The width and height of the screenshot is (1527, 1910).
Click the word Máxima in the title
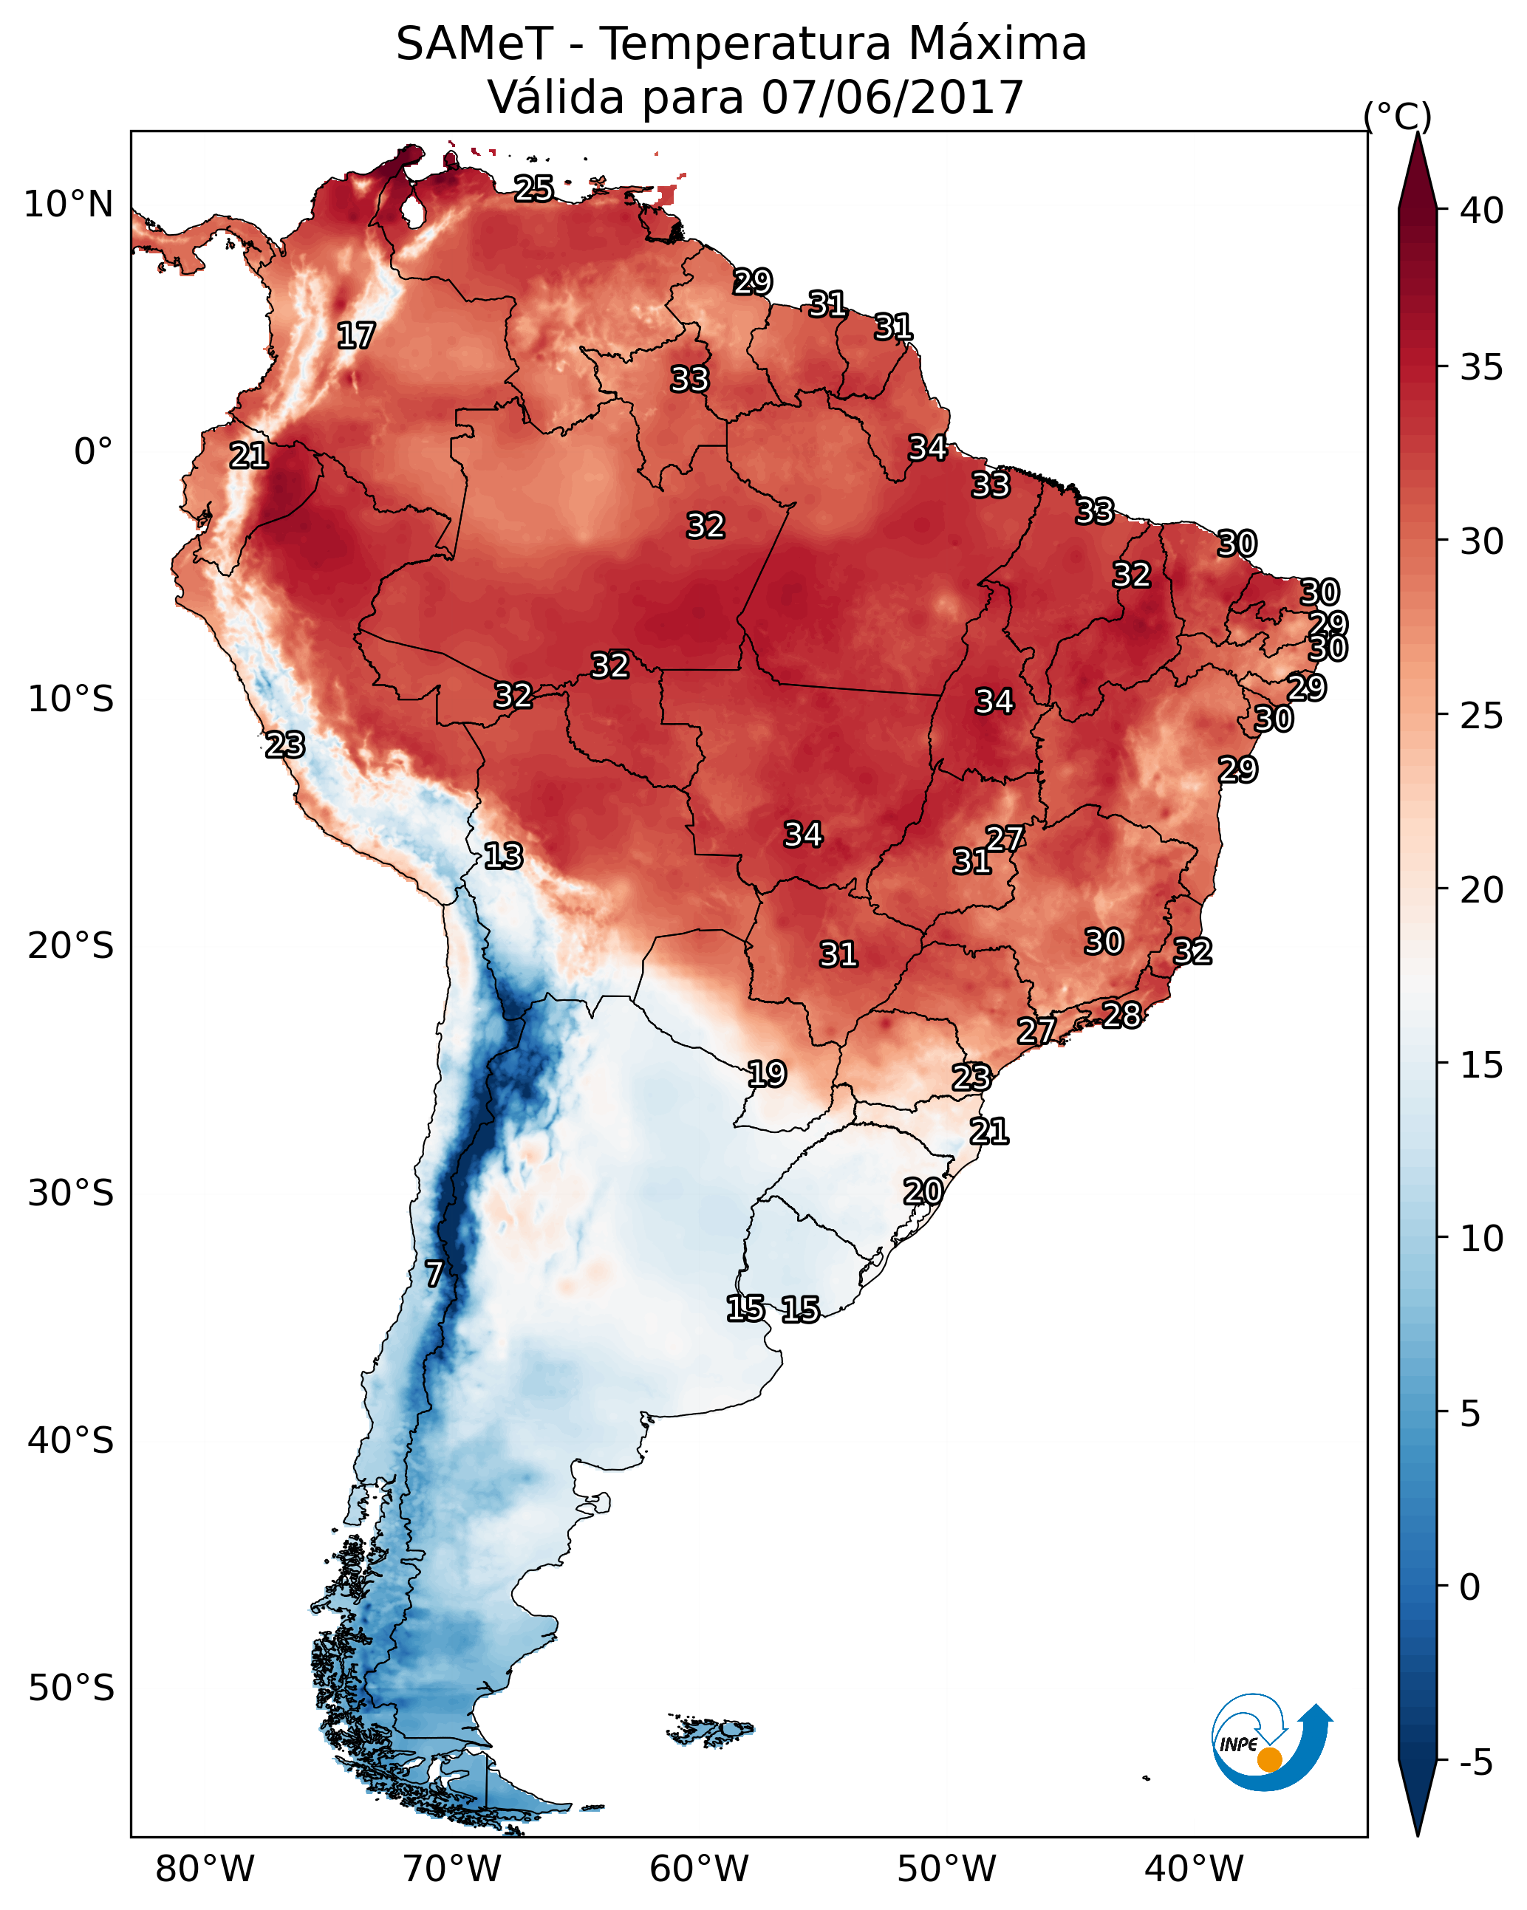[x=997, y=44]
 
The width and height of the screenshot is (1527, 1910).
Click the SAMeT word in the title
[x=474, y=44]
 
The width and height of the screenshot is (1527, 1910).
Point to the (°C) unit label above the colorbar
[x=1397, y=117]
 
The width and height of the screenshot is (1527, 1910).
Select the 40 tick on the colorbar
[x=1482, y=210]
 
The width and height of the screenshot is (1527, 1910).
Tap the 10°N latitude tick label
[x=68, y=205]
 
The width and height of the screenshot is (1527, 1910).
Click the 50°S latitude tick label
[x=71, y=1688]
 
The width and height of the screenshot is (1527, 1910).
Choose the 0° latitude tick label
[x=93, y=452]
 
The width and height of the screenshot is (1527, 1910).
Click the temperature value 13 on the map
[x=502, y=857]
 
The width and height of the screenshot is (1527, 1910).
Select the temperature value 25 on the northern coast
[x=533, y=188]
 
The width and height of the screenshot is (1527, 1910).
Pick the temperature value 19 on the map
[x=767, y=1075]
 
